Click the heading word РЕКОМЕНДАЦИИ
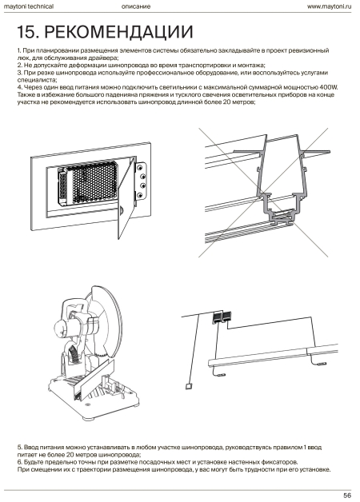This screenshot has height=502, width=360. click(x=118, y=32)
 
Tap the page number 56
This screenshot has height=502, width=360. click(x=347, y=496)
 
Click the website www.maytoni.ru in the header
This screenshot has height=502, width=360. click(x=329, y=6)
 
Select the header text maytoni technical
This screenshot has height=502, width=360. click(x=29, y=6)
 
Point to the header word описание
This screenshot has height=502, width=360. click(x=136, y=6)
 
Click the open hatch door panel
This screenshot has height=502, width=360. click(x=126, y=198)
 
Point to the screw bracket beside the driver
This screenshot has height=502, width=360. click(x=142, y=181)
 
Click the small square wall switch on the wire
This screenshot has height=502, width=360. click(x=189, y=386)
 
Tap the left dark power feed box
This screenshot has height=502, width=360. click(x=218, y=317)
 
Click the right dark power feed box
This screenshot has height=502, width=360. click(x=227, y=316)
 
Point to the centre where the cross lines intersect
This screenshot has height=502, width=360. click(x=263, y=193)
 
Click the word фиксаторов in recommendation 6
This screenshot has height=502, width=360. click(x=279, y=462)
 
